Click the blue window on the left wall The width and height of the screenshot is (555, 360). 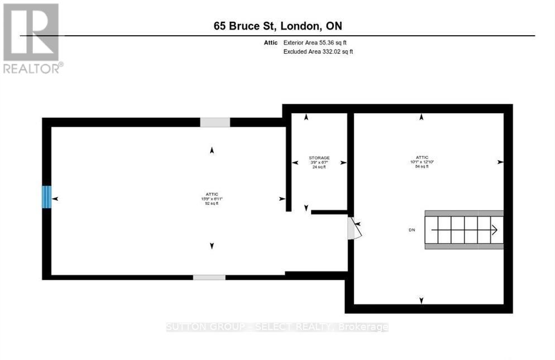(47, 197)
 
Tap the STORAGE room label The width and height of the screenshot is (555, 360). (319, 158)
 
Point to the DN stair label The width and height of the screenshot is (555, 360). (412, 230)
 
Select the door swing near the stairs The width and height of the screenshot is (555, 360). (354, 228)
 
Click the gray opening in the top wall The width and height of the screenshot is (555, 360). (215, 122)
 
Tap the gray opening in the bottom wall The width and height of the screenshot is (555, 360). (209, 277)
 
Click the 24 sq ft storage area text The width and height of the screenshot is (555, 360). (319, 167)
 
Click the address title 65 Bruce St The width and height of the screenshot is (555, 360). (277, 26)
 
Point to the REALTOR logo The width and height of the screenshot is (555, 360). (31, 38)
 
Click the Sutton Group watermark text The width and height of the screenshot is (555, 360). (277, 327)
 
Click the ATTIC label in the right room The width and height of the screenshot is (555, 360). (422, 158)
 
